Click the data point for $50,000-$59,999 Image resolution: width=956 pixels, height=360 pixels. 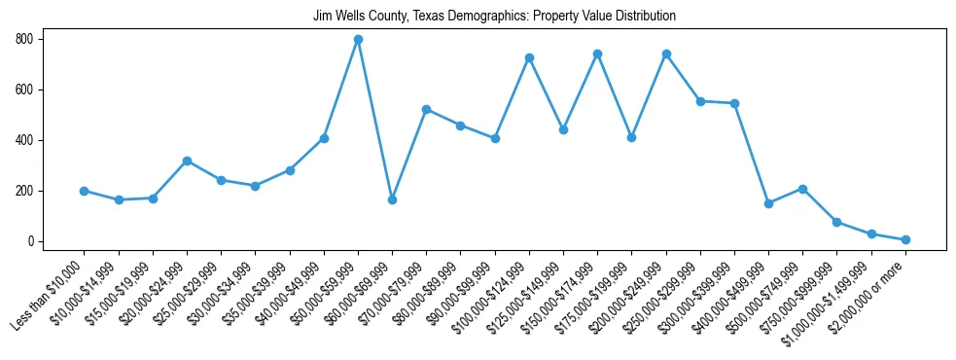tap(358, 39)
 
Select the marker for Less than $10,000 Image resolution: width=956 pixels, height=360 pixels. tap(85, 191)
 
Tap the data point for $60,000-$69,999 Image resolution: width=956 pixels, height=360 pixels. tap(392, 199)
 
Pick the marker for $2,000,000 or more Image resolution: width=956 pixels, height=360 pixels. tap(905, 239)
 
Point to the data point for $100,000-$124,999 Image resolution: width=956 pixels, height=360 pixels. tap(529, 57)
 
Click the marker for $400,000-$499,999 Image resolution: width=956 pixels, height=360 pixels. tap(768, 203)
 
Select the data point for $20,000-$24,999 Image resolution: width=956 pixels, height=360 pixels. tap(187, 161)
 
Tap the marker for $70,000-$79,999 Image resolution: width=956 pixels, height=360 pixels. tap(426, 109)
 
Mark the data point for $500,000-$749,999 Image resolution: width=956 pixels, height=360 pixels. tap(802, 189)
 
